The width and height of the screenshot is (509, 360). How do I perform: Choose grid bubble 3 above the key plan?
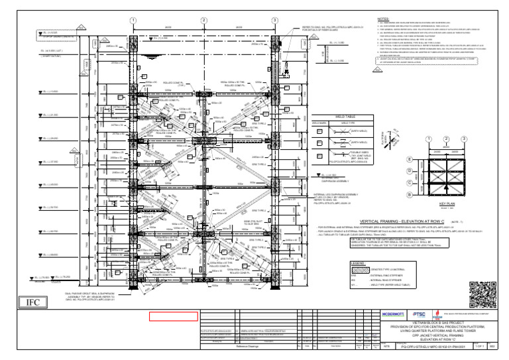[x=465, y=139]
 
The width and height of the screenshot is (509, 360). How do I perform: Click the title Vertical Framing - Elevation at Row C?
[x=404, y=221]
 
